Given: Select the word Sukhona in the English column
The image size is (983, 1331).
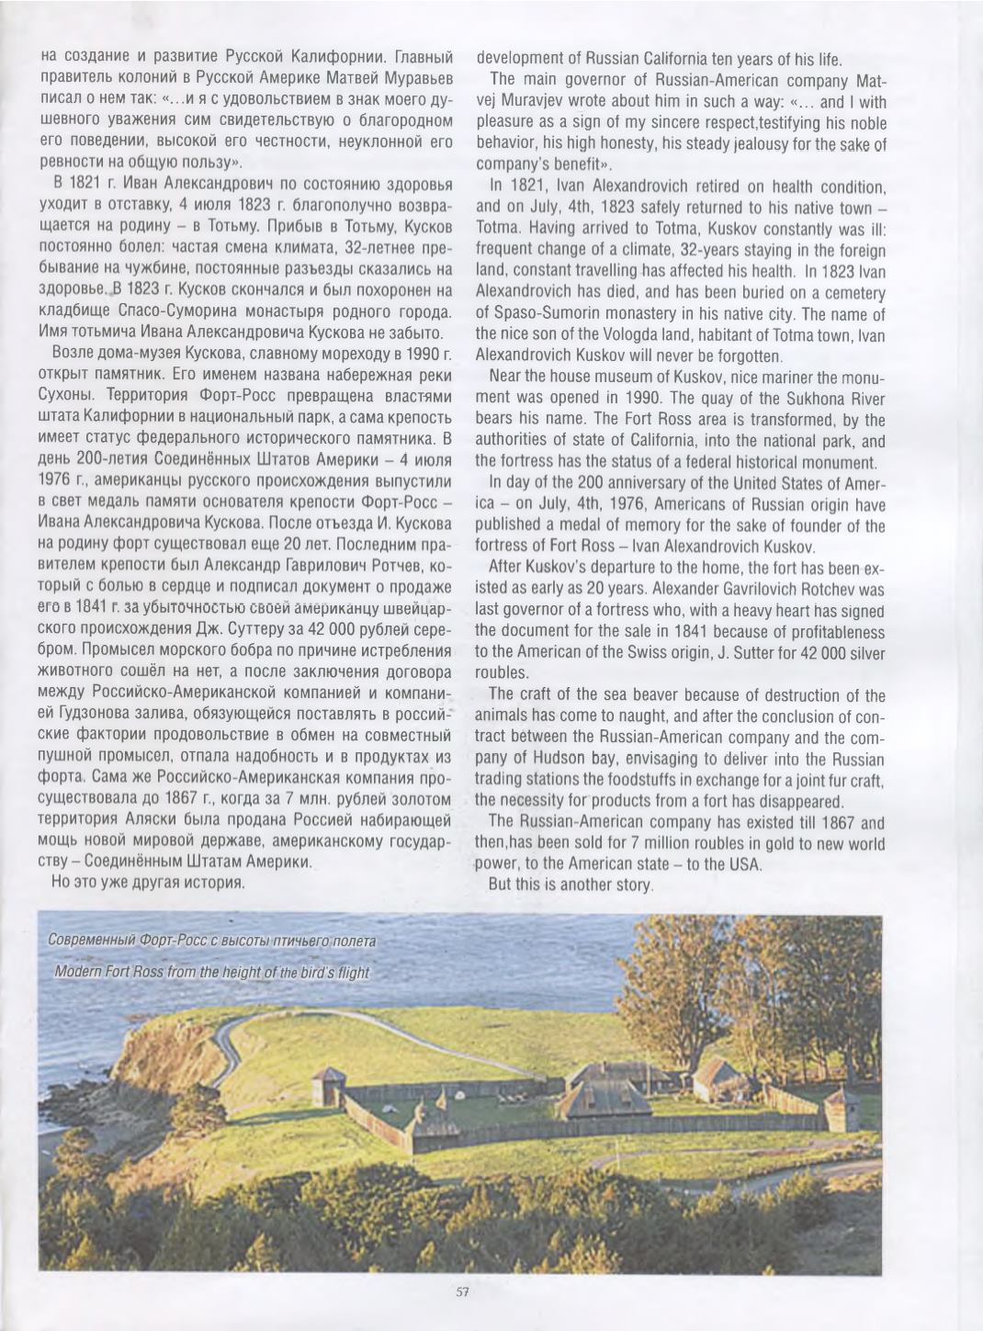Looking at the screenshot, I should [x=779, y=398].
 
